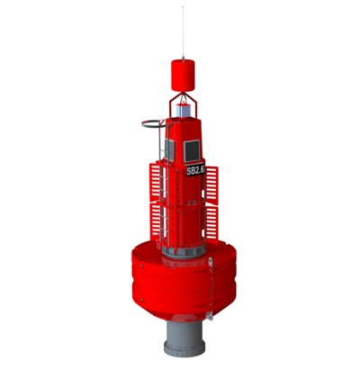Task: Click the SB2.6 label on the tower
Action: [x=195, y=170]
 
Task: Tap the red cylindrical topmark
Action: [x=183, y=76]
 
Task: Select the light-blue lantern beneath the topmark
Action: [x=183, y=110]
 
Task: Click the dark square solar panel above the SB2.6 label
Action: [x=192, y=151]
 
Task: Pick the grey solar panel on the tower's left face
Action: [x=169, y=149]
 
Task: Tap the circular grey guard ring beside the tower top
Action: [x=153, y=124]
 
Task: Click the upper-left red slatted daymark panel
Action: [x=156, y=182]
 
